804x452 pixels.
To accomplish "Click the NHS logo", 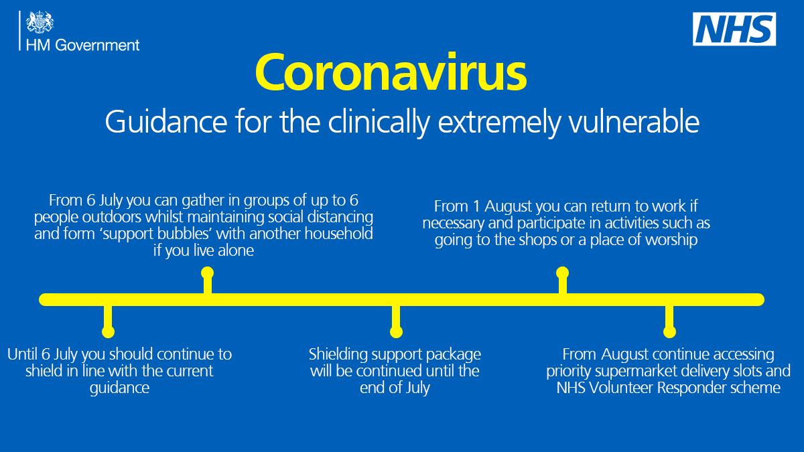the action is pyautogui.click(x=734, y=29).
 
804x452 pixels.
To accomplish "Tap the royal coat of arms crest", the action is pyautogui.click(x=40, y=22).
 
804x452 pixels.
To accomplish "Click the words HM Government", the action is pyautogui.click(x=82, y=46).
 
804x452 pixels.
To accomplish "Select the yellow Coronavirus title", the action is pyautogui.click(x=391, y=72).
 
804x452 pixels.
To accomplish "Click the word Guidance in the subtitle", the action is pyautogui.click(x=166, y=122).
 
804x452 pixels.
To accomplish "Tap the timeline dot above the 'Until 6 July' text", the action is pyautogui.click(x=108, y=331).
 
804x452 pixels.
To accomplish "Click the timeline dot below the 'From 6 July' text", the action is pyautogui.click(x=208, y=273).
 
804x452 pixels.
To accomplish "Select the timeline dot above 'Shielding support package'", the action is pyautogui.click(x=396, y=331).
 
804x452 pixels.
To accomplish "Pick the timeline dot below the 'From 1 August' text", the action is pyautogui.click(x=562, y=273).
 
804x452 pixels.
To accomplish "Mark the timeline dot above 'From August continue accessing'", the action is pyautogui.click(x=669, y=331).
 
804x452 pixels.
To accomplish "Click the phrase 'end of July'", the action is pyautogui.click(x=395, y=388).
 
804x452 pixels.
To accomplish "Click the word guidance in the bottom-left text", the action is pyautogui.click(x=119, y=388).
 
